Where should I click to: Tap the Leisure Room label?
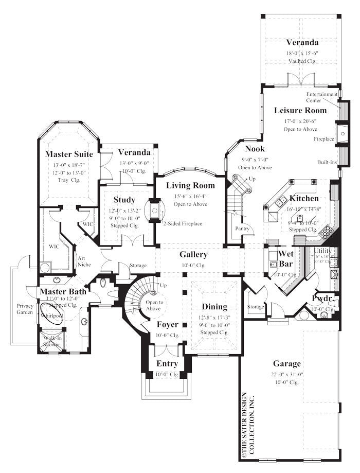[x=300, y=110]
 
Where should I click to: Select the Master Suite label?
[x=69, y=154]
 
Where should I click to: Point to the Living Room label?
[x=190, y=185]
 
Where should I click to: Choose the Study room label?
[x=124, y=200]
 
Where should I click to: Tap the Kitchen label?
[x=303, y=198]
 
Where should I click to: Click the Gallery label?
[x=193, y=254]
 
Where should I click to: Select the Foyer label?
[x=167, y=325]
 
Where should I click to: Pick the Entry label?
[x=167, y=364]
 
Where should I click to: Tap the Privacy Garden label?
[x=25, y=309]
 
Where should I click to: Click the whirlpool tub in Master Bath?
[x=51, y=316]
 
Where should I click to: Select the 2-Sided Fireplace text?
[x=183, y=223]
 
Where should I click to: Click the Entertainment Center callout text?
[x=322, y=97]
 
